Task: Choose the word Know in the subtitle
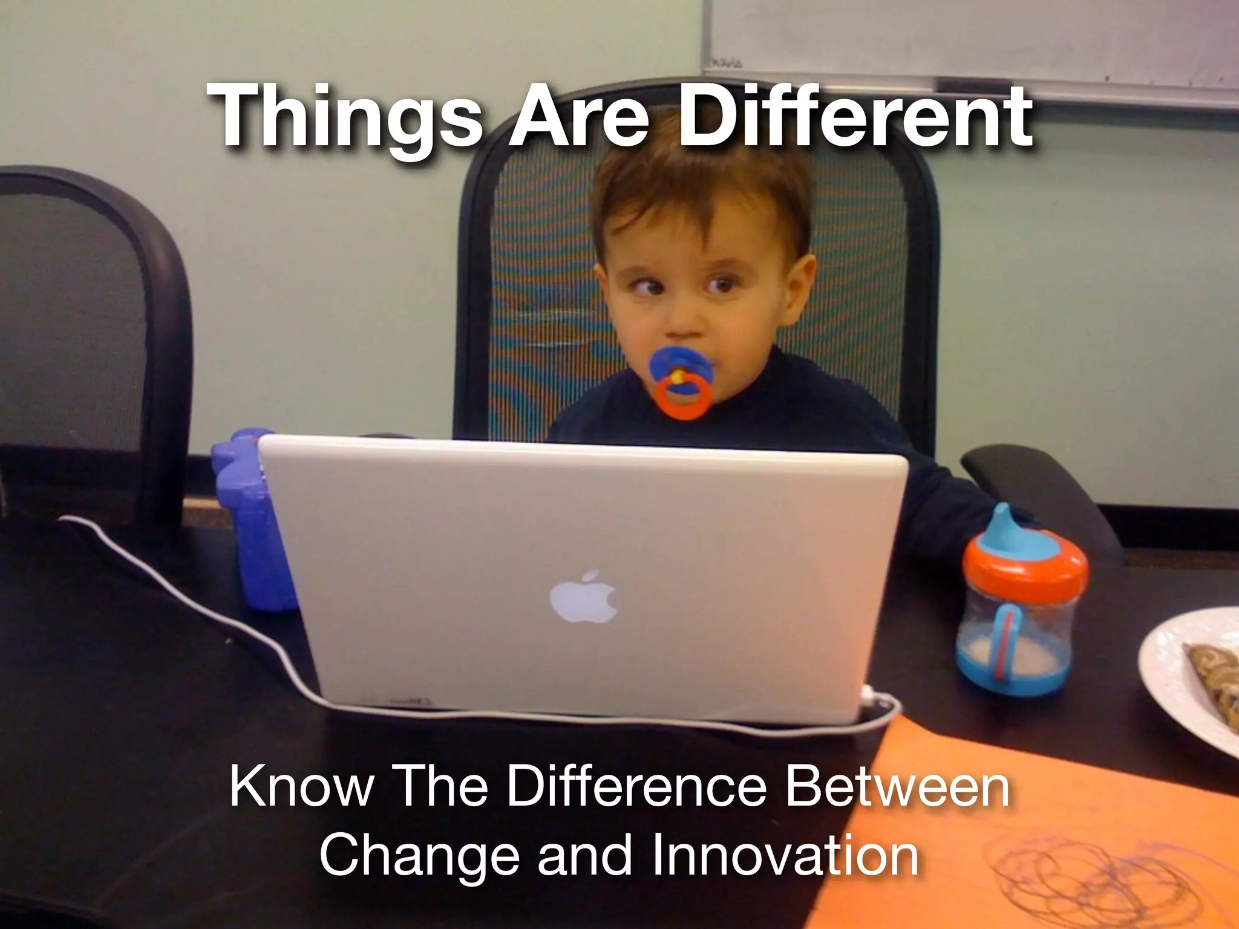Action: tap(301, 786)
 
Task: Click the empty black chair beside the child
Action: tap(85, 339)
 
